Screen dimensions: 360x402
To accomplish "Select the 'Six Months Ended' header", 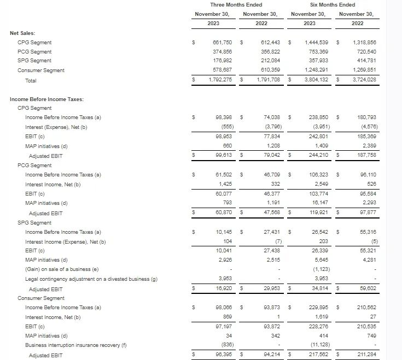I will coord(333,5).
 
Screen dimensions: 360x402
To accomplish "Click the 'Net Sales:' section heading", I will coord(22,33).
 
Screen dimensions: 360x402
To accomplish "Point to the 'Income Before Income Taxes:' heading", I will coord(46,99).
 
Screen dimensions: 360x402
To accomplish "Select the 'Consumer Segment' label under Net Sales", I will coord(40,70).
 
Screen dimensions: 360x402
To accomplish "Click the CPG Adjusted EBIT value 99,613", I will coord(225,156).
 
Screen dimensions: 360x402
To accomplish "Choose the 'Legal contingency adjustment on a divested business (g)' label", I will coord(91,279).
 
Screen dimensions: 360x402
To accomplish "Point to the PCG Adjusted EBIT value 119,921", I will coord(318,213).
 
